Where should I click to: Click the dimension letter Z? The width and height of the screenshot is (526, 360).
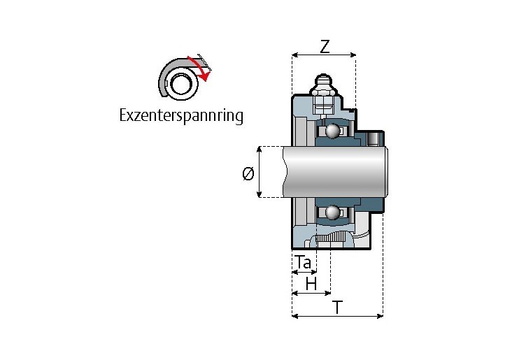[x=325, y=47]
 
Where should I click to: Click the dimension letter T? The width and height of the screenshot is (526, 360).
[x=337, y=307]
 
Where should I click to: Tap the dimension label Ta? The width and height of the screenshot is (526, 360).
[x=303, y=262]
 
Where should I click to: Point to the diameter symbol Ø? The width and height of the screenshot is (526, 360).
[x=248, y=174]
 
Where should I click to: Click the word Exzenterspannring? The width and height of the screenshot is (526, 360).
[x=182, y=116]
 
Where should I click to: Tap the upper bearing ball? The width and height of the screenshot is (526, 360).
[x=331, y=131]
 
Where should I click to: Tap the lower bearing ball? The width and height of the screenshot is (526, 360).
[x=331, y=213]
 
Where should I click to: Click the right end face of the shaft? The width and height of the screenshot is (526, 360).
[x=386, y=172]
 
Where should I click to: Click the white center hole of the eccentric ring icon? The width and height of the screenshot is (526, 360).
[x=183, y=85]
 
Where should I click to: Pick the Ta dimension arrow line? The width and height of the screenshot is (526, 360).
[x=304, y=272]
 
